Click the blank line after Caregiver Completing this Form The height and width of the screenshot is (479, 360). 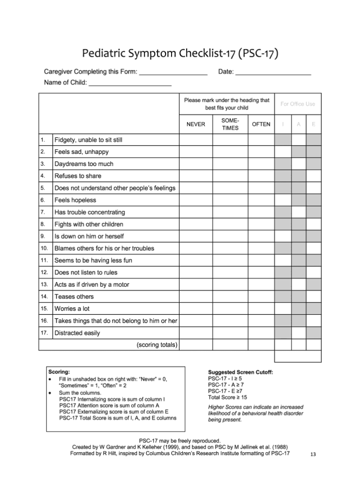pos(173,73)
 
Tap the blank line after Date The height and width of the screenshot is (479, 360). pos(273,73)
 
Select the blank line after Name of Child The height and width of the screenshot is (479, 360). pos(130,84)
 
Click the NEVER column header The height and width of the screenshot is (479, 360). pos(195,124)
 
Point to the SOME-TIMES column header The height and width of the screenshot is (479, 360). pos(230,124)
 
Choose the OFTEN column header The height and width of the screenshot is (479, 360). pos(261,124)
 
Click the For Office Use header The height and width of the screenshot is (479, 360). pos(298,104)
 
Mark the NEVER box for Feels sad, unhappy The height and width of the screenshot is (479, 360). pos(195,152)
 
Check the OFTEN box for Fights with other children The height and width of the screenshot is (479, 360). pos(261,224)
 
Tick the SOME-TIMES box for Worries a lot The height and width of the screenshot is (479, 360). pos(230,309)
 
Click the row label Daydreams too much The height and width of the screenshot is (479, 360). pos(84,164)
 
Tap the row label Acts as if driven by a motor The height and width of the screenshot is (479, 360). pos(92,285)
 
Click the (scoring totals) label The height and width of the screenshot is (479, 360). pos(157,345)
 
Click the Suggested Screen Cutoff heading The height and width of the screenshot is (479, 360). pos(240,372)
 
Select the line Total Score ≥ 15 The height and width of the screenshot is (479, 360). pos(227,397)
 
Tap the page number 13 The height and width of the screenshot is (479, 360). pos(314,455)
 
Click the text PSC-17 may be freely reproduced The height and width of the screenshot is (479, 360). pos(180,441)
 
